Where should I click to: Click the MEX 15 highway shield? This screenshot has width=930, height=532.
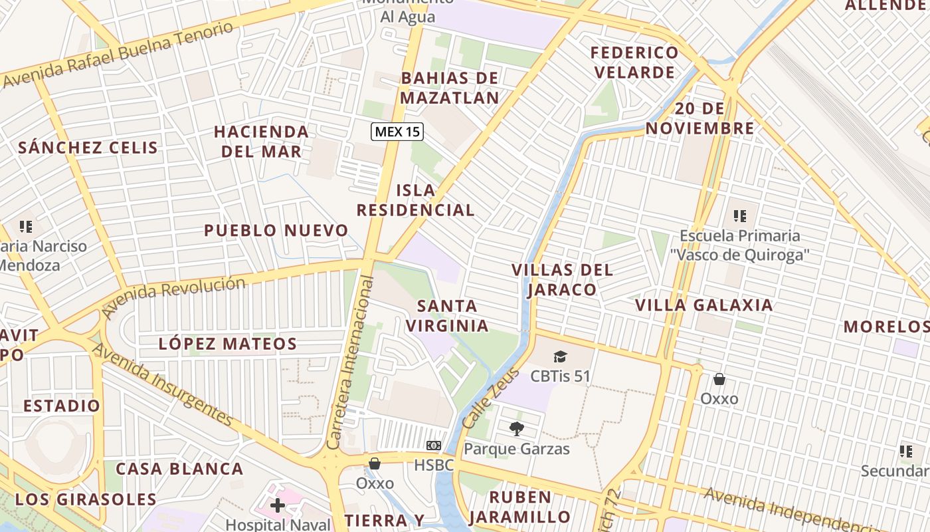[397, 132]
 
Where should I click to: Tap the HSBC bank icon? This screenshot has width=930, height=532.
[433, 446]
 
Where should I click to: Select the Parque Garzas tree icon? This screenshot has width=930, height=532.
[516, 429]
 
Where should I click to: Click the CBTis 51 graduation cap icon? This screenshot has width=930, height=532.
[560, 357]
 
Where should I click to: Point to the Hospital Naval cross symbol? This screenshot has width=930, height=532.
[277, 506]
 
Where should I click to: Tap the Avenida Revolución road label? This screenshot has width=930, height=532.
[173, 293]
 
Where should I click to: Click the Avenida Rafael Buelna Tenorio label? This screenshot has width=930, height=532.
[120, 54]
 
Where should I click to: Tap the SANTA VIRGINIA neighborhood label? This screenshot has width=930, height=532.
[447, 316]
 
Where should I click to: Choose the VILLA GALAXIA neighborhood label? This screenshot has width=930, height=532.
[704, 305]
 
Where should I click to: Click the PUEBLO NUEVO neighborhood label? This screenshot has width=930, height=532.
[276, 231]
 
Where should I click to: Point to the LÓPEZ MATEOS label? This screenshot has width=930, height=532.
[228, 344]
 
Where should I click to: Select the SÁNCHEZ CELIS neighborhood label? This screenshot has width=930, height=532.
[88, 148]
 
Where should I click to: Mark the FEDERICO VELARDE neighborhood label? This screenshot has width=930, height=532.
[635, 62]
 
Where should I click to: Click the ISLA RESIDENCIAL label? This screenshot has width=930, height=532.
[415, 200]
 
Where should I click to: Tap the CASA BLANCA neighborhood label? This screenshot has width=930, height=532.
[179, 469]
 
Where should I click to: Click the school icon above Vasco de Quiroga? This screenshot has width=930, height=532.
[739, 216]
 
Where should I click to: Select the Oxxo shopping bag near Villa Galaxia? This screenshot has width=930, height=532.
[719, 380]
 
